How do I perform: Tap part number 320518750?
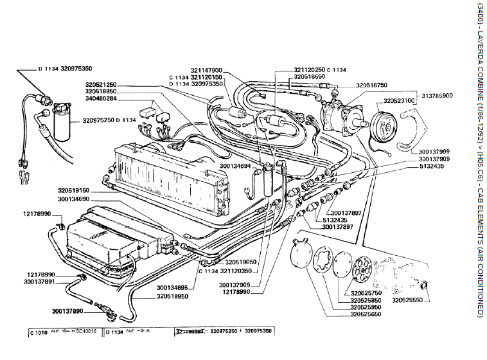[371, 84]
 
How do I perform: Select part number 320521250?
[100, 84]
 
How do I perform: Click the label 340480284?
[100, 99]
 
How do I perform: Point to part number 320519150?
[72, 191]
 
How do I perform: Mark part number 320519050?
[241, 262]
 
